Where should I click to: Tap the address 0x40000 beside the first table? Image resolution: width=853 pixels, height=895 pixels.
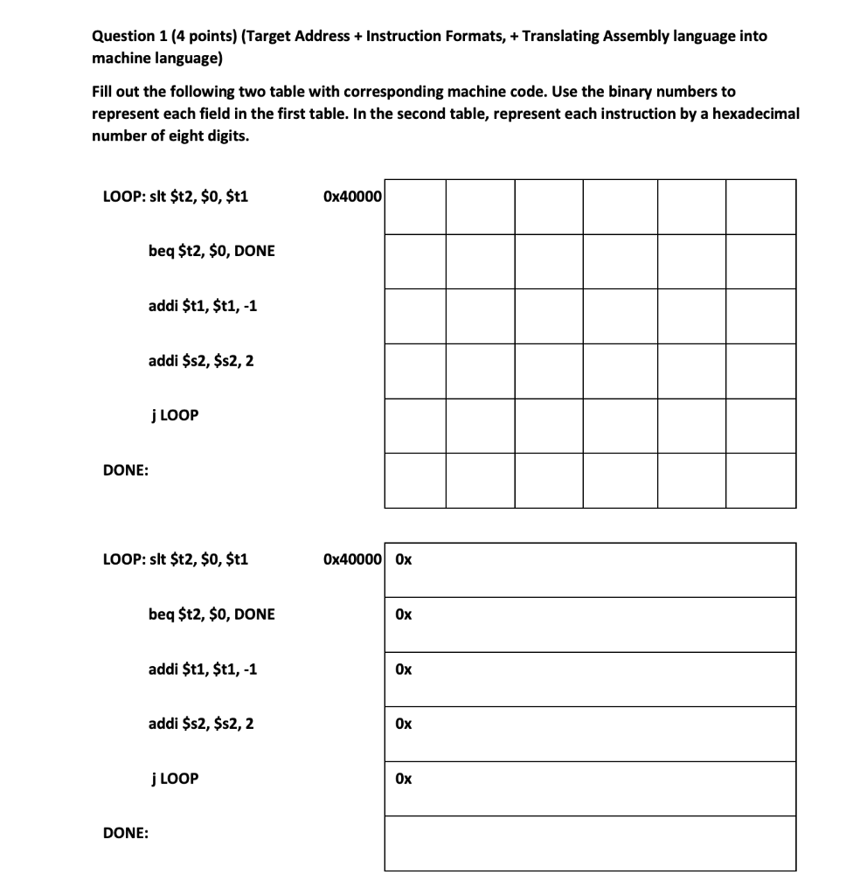(x=351, y=197)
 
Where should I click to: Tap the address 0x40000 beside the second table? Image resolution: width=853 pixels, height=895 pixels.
(x=351, y=559)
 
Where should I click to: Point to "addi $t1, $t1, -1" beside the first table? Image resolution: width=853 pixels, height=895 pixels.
(x=203, y=306)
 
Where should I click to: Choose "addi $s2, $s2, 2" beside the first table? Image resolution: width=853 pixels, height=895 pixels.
(x=202, y=360)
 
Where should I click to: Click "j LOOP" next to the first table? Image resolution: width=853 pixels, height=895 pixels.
(x=174, y=415)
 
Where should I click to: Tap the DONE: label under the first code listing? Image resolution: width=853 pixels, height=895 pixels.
(x=125, y=470)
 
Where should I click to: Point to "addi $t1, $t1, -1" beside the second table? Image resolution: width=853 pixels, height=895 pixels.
(x=203, y=669)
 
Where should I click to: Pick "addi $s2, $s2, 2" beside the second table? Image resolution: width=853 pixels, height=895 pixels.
(x=202, y=724)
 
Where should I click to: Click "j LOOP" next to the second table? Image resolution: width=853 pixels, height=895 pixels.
(x=174, y=778)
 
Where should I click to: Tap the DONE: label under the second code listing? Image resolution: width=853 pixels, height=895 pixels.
(x=125, y=833)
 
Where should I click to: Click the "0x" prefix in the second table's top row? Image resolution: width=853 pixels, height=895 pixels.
(x=403, y=559)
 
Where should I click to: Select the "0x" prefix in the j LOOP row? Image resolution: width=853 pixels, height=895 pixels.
(x=403, y=778)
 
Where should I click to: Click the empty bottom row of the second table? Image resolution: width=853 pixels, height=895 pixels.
(x=590, y=843)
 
